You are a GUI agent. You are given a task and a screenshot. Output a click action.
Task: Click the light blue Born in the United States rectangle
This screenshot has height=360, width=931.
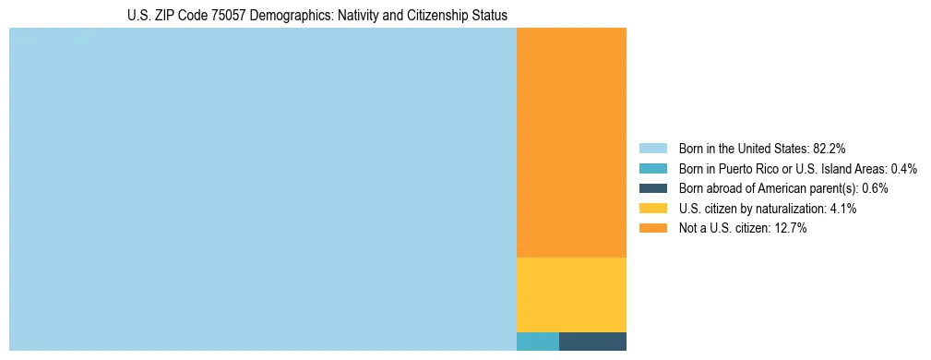pyautogui.click(x=262, y=189)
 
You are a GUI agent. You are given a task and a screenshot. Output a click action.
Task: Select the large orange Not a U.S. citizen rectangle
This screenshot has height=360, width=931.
pyautogui.click(x=571, y=143)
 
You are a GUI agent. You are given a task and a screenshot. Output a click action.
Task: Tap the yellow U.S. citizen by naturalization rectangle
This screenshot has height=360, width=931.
pyautogui.click(x=571, y=294)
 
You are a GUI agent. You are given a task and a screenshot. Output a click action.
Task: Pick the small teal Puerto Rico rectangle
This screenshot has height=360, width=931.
pyautogui.click(x=537, y=341)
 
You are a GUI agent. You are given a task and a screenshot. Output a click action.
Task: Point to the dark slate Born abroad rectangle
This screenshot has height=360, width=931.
pyautogui.click(x=592, y=341)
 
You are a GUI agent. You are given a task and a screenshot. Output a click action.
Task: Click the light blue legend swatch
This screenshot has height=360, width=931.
pyautogui.click(x=653, y=149)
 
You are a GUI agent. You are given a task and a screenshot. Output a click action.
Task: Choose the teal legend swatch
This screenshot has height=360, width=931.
pyautogui.click(x=653, y=169)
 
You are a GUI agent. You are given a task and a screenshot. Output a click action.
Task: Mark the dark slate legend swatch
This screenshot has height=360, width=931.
pyautogui.click(x=653, y=188)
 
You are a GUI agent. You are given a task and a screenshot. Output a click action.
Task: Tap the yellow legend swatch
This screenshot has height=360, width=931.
pyautogui.click(x=653, y=209)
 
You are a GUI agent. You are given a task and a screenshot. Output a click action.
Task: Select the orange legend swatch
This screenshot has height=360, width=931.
pyautogui.click(x=653, y=228)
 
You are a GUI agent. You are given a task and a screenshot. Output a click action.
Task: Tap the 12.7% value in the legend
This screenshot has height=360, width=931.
pyautogui.click(x=791, y=228)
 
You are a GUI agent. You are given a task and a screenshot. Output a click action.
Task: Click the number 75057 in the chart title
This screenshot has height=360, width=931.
pyautogui.click(x=214, y=16)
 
